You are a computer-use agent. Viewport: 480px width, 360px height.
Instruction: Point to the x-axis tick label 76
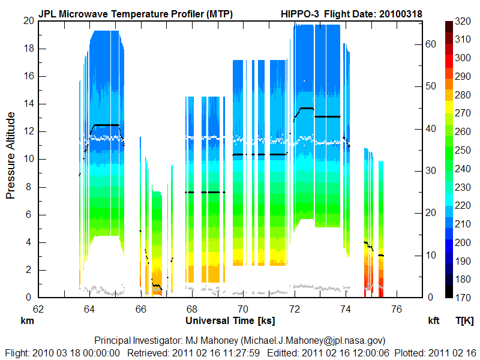pos(397,310)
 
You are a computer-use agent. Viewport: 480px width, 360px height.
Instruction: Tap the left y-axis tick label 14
pos(28,104)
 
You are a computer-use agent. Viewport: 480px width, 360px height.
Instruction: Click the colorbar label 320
pos(462,21)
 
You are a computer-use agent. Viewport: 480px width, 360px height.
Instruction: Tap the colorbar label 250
pos(462,150)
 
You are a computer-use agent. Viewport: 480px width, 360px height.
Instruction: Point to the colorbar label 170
pos(462,297)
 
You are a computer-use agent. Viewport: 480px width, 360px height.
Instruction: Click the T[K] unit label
pos(464,321)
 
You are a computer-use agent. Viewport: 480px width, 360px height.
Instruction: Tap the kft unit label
pos(434,321)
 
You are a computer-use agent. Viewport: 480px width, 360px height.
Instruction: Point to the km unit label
pos(27,321)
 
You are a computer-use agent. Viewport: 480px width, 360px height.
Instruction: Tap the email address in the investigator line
pos(308,340)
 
